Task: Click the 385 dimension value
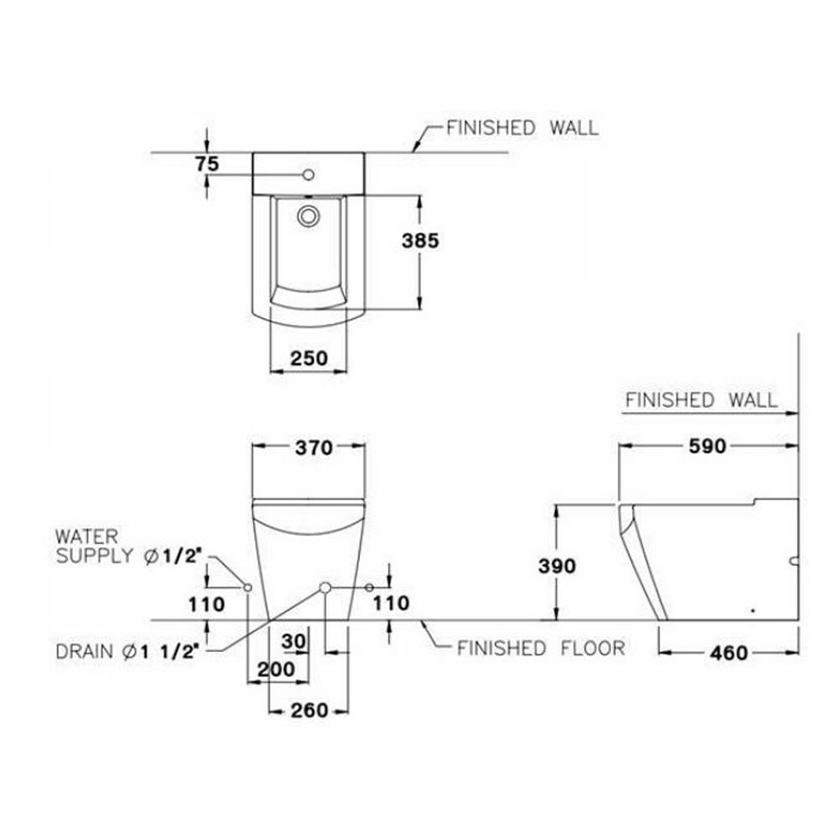point(420,241)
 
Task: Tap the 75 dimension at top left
point(207,164)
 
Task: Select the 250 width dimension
point(309,358)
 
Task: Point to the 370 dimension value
point(314,448)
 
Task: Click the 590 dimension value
point(707,446)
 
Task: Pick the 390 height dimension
point(557,566)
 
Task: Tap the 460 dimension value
point(729,653)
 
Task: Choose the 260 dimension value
point(309,711)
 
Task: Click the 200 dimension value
point(276,669)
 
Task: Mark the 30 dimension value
point(294,641)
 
